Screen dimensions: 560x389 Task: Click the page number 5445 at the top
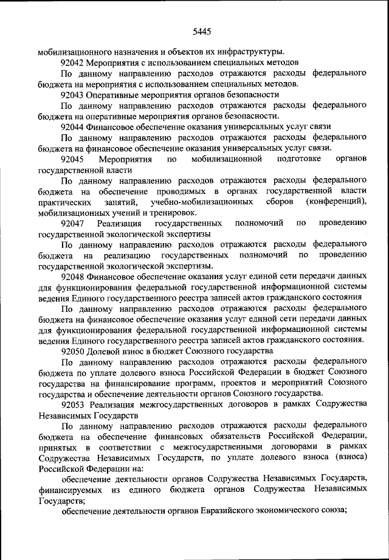pos(201,32)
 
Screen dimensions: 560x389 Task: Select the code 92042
pos(73,62)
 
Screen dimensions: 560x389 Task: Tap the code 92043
pos(73,94)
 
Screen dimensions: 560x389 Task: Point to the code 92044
pos(73,126)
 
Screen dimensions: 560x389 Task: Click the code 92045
pos(73,159)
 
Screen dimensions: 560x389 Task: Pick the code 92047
pos(73,224)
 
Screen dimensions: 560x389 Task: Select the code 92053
pos(73,406)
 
